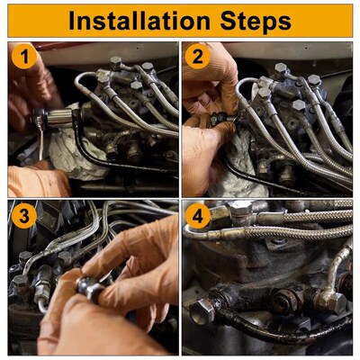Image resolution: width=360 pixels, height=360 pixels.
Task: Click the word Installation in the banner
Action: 139,21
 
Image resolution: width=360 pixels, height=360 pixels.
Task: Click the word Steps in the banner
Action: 256,22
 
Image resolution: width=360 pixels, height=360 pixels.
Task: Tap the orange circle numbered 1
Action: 24,57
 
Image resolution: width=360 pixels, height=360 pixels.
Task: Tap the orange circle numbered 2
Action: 197,57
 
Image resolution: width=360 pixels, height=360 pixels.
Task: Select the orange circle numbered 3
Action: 24,216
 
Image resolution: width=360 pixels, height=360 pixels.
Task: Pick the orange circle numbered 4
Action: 197,216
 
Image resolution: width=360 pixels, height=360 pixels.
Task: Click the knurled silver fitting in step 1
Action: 59,118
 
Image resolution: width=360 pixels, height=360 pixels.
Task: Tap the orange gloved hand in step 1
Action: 38,181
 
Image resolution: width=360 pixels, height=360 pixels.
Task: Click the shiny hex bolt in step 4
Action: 202,310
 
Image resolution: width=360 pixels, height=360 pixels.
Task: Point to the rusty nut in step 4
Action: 283,301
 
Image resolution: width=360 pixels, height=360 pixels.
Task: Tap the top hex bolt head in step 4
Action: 239,208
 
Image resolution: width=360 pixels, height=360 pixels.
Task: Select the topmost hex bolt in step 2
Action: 281,69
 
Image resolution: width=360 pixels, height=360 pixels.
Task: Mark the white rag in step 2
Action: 240,171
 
